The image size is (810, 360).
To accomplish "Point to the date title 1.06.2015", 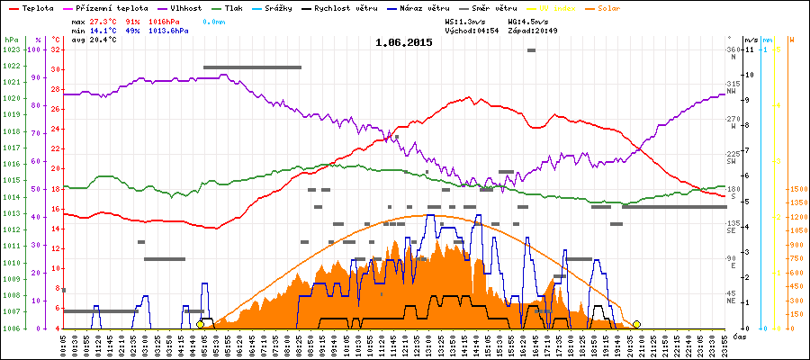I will tap(405, 42).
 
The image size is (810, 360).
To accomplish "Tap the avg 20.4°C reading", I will tap(94, 40).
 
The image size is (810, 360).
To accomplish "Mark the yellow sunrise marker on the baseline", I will tap(200, 324).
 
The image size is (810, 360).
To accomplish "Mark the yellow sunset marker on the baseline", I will tap(636, 324).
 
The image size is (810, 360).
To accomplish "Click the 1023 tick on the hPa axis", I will tap(11, 49).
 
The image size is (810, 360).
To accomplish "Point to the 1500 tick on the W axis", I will tap(796, 190).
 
